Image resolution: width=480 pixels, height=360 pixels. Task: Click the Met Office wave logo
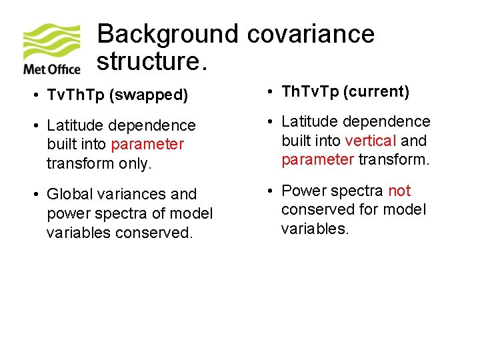click(x=52, y=41)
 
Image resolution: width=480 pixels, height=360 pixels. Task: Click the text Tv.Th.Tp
click(x=79, y=95)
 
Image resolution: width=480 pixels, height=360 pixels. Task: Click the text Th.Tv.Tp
click(x=310, y=91)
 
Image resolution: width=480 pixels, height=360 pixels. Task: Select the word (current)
click(x=377, y=91)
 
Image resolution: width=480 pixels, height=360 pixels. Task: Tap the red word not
click(x=399, y=191)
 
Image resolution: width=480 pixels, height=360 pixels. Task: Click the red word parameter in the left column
click(x=148, y=144)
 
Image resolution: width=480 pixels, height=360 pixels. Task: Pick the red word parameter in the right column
click(x=317, y=159)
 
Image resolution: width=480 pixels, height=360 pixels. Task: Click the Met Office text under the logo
click(x=51, y=69)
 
